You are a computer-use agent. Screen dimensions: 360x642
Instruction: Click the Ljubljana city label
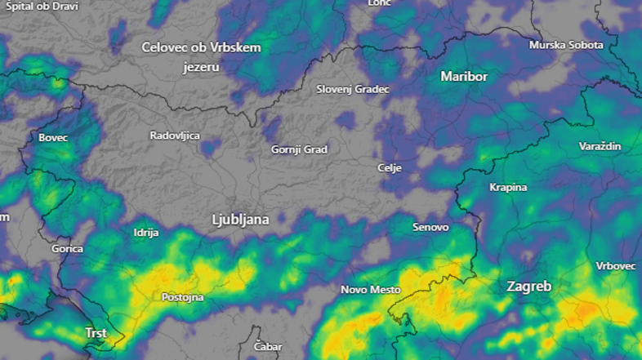(240, 220)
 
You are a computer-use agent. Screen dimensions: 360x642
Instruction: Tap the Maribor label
(463, 77)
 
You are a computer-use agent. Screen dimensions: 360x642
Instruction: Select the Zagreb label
(528, 287)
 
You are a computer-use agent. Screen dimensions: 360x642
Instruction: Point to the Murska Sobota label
(566, 45)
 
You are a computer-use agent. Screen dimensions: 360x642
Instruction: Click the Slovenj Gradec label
(353, 89)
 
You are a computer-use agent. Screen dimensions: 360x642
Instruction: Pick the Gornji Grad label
(299, 149)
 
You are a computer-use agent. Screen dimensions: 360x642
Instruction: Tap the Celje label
(390, 167)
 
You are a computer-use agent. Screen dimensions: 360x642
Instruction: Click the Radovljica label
(175, 136)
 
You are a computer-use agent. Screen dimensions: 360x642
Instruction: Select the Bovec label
(53, 138)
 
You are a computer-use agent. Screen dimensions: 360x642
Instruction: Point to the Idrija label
(145, 233)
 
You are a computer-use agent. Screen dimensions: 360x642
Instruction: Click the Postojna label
(183, 297)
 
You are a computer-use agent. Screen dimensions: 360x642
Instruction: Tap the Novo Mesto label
(370, 290)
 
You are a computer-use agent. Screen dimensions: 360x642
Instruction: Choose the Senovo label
(430, 227)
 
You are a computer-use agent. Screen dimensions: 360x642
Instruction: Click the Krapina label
(507, 187)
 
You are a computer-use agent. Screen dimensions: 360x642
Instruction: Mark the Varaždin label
(600, 146)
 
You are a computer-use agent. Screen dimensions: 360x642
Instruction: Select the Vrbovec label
(616, 267)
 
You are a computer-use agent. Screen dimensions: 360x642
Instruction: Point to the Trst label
(96, 333)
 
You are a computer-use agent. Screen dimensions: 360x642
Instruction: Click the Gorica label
(67, 248)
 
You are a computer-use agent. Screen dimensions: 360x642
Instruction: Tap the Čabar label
(268, 347)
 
